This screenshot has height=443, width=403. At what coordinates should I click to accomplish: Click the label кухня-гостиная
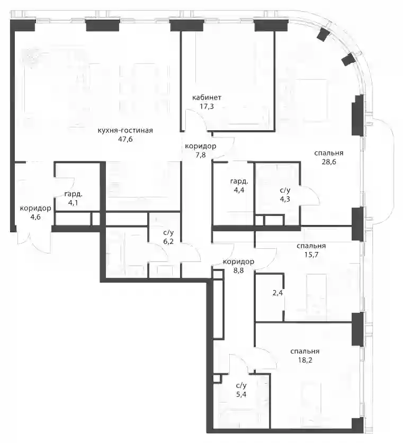point(125,131)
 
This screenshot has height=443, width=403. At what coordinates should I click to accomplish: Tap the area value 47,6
point(126,139)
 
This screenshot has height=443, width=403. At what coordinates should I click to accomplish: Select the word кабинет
point(207,98)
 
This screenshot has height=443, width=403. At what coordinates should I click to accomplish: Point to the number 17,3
point(207,106)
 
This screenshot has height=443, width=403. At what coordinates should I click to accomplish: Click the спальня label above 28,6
point(329,153)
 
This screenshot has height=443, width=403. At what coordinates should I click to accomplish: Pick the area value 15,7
point(311,255)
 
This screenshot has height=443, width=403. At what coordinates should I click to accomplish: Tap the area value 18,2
point(305,360)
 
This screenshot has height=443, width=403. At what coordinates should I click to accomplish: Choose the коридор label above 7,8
point(201,147)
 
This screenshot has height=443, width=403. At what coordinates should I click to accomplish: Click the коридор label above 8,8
point(238,261)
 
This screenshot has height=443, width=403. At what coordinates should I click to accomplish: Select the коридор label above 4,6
point(35,209)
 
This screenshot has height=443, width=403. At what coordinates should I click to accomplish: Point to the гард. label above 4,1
point(74,194)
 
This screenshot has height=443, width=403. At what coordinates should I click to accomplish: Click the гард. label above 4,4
point(239,182)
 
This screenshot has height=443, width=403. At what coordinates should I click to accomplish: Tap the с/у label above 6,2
point(168,233)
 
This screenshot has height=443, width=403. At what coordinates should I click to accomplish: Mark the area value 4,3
point(285,199)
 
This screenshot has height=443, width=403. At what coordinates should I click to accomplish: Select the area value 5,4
point(241,394)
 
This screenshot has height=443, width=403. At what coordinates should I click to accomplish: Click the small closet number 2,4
point(277,293)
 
